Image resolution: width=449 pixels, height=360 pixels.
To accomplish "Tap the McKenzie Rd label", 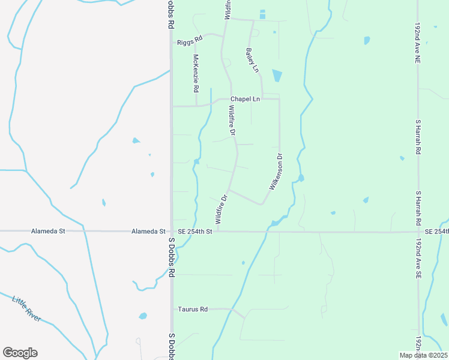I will [x=196, y=73].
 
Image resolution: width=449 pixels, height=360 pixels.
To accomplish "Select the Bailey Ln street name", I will [x=252, y=61].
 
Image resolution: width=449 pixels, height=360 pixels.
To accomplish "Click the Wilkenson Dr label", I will [x=276, y=172].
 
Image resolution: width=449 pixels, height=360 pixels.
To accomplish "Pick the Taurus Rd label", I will [x=193, y=309].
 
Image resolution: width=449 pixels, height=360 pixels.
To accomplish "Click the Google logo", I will [x=20, y=352].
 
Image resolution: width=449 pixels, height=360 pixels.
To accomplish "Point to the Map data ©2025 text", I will [x=424, y=355].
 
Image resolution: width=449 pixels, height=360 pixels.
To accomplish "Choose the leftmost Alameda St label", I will [x=47, y=231].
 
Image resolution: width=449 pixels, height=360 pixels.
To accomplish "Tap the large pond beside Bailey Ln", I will [x=277, y=76].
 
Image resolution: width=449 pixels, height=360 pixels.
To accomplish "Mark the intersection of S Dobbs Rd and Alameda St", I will [x=171, y=231].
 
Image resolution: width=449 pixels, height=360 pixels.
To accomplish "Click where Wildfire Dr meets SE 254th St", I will [x=217, y=231].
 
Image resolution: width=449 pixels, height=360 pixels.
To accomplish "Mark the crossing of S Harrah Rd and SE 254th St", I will [x=418, y=231].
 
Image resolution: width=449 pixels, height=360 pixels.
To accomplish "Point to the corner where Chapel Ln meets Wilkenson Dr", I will [x=279, y=99].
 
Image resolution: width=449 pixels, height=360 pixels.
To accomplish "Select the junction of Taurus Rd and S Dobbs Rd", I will [x=172, y=309].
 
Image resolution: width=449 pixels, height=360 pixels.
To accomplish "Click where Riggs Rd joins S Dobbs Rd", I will [x=172, y=43].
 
